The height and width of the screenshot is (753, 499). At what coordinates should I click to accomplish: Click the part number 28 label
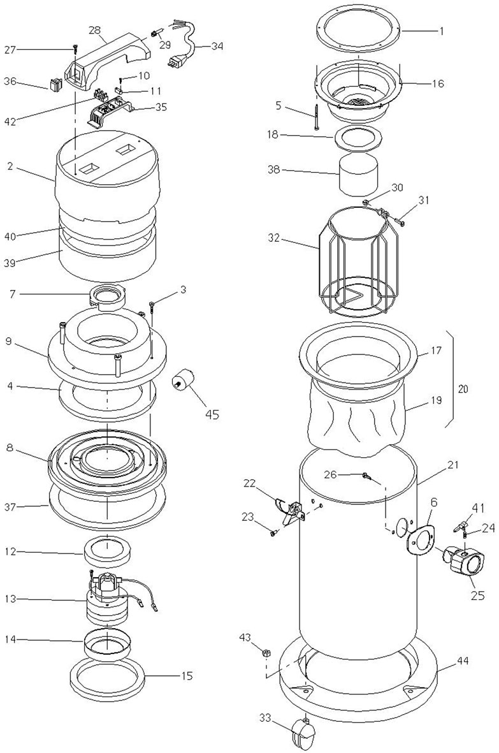[x=95, y=30]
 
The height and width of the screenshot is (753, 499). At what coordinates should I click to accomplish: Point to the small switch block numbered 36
[x=56, y=85]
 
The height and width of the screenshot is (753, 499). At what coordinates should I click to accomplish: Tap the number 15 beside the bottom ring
[x=187, y=676]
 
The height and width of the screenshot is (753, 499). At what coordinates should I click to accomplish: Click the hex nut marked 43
[x=265, y=653]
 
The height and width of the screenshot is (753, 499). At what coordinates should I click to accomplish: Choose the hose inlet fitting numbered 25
[x=464, y=563]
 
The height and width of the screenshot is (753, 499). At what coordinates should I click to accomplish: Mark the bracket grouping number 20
[x=463, y=388]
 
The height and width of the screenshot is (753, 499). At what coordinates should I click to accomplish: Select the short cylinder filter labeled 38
[x=358, y=174]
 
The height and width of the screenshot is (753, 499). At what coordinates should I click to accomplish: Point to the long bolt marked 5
[x=317, y=117]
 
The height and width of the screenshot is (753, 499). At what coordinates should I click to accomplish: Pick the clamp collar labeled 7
[x=109, y=298]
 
